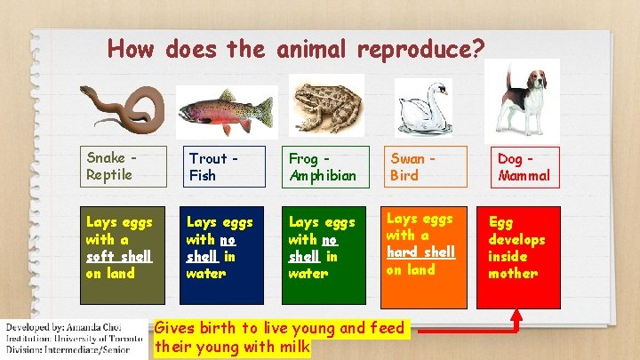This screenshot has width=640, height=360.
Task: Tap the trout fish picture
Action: pyautogui.click(x=225, y=112)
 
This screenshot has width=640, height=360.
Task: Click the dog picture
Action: pyautogui.click(x=527, y=99)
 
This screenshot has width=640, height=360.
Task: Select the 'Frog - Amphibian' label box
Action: pyautogui.click(x=325, y=167)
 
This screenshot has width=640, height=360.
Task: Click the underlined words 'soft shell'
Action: pyautogui.click(x=119, y=256)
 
